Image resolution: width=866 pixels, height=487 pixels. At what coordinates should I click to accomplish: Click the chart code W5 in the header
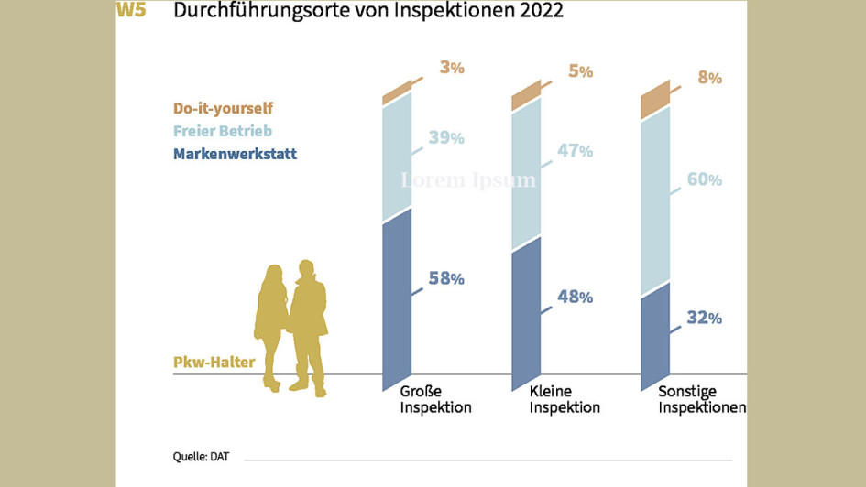(131, 11)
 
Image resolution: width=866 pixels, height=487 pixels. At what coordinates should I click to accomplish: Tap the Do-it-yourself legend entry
(223, 108)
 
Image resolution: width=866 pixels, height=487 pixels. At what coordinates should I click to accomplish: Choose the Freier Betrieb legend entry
(222, 131)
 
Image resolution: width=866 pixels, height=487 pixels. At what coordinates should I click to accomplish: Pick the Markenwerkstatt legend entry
(235, 154)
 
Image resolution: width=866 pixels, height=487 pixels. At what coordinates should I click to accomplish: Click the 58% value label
(446, 278)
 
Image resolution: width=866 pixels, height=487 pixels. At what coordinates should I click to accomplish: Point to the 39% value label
(446, 138)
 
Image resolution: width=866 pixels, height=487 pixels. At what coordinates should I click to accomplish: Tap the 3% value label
(452, 67)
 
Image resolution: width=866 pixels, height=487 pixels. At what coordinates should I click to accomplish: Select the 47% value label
(575, 151)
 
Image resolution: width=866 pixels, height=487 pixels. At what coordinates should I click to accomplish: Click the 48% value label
(575, 297)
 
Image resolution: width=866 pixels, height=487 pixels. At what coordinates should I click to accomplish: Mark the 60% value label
(704, 179)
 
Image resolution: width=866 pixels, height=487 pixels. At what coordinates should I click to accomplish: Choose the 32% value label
(704, 319)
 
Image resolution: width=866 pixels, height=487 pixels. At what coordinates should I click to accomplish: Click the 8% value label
(709, 78)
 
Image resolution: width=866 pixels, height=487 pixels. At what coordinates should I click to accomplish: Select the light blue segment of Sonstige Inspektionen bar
(654, 201)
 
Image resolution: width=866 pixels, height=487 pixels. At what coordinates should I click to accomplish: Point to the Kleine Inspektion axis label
(565, 399)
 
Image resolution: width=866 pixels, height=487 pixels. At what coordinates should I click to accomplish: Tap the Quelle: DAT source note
(201, 455)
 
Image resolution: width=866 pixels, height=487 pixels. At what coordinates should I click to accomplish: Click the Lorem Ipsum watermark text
(468, 180)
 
